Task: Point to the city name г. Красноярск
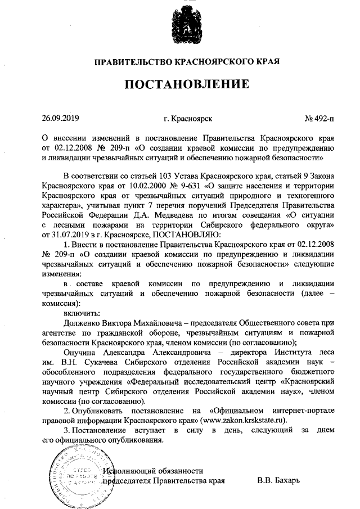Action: click(x=188, y=119)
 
